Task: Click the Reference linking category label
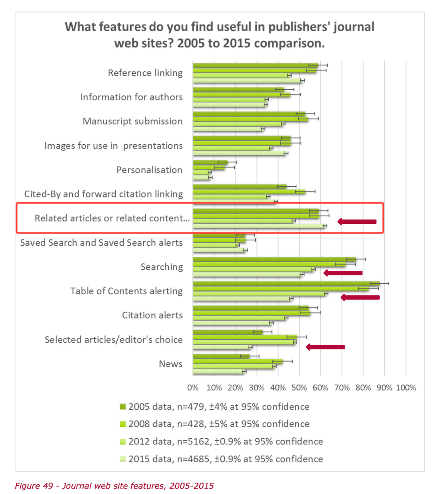pos(145,73)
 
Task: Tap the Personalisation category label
pos(149,170)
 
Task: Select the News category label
pos(170,364)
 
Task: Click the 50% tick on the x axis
pos(299,387)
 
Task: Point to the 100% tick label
pos(406,387)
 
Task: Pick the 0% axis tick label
pos(193,387)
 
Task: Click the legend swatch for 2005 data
pos(123,407)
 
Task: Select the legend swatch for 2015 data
pos(123,459)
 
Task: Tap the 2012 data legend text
pos(225,441)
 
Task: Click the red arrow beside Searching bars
pos(343,273)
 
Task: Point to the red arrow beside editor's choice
pos(325,347)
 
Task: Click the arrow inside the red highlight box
pos(357,221)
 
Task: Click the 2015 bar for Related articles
pos(257,226)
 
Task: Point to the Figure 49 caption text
pos(114,486)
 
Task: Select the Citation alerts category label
pos(152,315)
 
